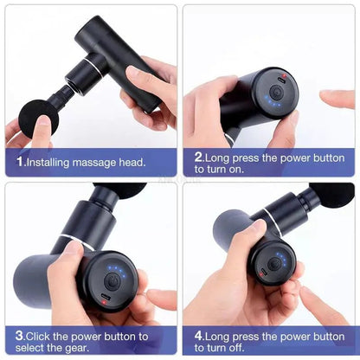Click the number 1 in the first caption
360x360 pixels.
click(x=20, y=161)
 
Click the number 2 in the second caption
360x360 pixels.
click(x=200, y=157)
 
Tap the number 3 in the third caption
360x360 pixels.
click(x=20, y=336)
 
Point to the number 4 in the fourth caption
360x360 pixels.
click(x=200, y=336)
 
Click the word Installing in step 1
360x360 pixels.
click(x=52, y=161)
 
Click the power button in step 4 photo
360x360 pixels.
click(x=273, y=263)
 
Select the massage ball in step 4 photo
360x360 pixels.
click(x=332, y=194)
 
